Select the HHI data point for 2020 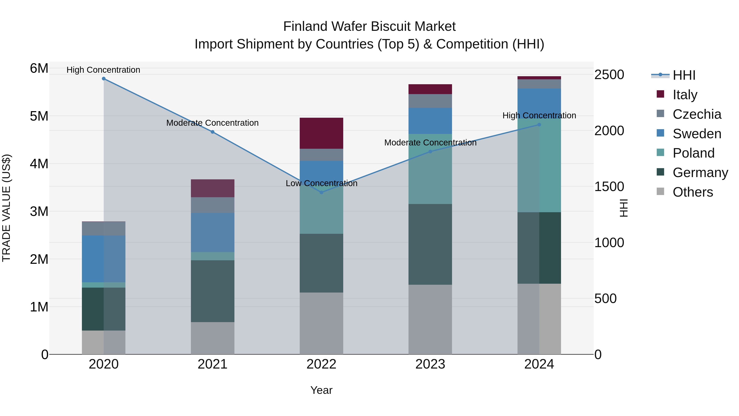point(104,79)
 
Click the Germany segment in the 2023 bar point(430,244)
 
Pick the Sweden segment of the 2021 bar point(213,232)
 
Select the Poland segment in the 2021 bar point(213,256)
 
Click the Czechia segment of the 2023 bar point(430,101)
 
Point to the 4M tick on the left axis point(39,164)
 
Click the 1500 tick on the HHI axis point(609,187)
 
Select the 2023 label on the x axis point(430,364)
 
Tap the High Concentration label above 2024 point(539,115)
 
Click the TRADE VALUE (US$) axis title point(7,208)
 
